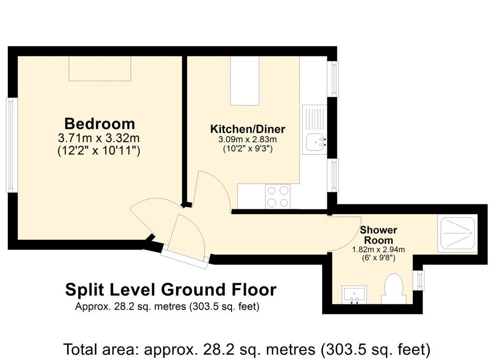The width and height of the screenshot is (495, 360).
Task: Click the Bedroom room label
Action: tap(100, 123)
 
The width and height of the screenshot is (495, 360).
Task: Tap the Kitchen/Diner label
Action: tap(247, 129)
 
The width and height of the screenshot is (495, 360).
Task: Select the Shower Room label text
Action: tap(378, 235)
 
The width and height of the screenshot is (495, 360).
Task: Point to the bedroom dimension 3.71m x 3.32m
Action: tap(99, 138)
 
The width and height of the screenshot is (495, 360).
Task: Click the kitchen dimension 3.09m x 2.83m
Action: tap(247, 139)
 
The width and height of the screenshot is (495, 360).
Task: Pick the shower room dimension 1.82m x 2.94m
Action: tap(378, 250)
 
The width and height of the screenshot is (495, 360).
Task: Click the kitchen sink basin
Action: tap(314, 143)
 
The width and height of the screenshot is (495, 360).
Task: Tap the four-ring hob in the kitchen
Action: tap(278, 196)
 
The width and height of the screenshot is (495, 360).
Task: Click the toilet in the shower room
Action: tap(392, 289)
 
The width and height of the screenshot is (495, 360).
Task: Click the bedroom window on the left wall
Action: tap(12, 145)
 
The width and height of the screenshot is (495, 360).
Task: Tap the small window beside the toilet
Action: tap(419, 280)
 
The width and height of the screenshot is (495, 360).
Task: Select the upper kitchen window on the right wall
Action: tap(333, 79)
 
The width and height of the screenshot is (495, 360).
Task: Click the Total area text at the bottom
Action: tap(247, 349)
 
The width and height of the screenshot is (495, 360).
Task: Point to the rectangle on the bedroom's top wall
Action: tap(100, 69)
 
